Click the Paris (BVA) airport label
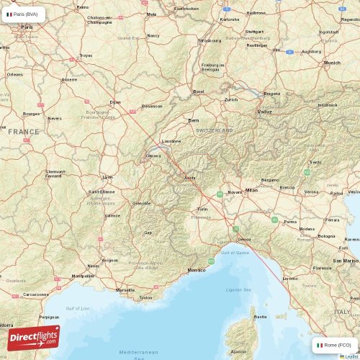(25, 14)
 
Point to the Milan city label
(251, 190)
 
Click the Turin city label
(202, 209)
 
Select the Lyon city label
(108, 176)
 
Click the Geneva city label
(153, 155)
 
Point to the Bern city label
(194, 120)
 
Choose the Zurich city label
(231, 99)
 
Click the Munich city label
(332, 63)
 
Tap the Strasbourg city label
(210, 40)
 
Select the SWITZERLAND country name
(215, 130)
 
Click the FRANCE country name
(24, 132)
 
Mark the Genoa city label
(246, 238)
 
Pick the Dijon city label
(115, 102)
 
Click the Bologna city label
(327, 235)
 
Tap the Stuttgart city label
(254, 32)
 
